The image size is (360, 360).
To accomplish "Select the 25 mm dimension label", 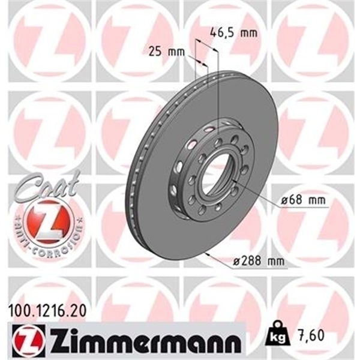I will point(166,52).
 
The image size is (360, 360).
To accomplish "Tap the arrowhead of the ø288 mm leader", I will point(207,254).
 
